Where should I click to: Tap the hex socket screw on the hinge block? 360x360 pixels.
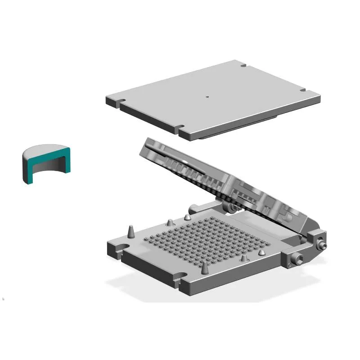click(298, 260)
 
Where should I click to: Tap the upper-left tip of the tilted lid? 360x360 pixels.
click(147, 141)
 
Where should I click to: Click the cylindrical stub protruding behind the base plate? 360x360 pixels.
click(193, 209)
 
